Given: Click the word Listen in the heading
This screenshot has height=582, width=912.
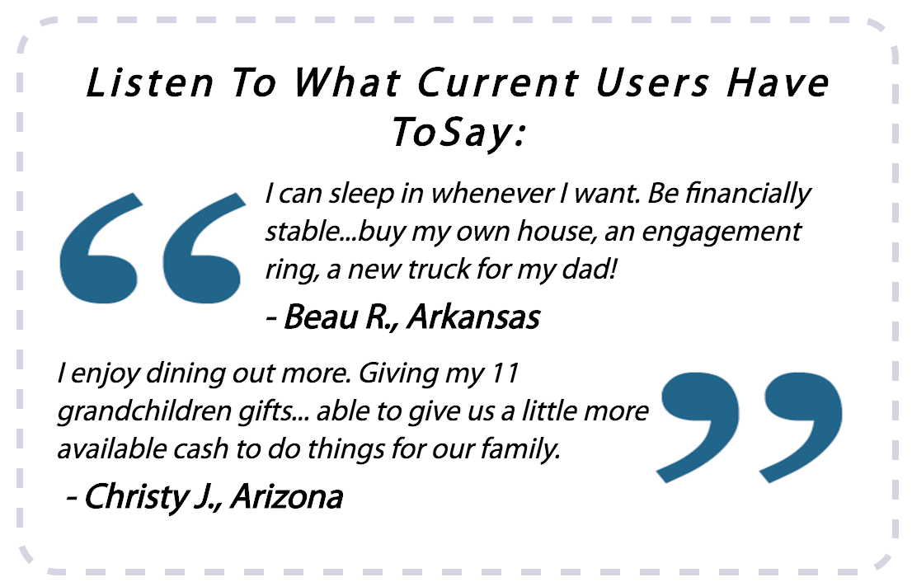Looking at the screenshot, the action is (150, 82).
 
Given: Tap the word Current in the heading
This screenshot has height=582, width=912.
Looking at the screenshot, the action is (498, 82).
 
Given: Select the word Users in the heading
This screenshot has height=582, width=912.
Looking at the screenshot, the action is (652, 82).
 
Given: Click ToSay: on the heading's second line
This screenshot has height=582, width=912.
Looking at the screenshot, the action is (458, 133).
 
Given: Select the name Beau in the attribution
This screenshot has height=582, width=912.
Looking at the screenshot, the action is (321, 317).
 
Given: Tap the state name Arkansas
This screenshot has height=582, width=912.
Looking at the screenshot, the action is (473, 317).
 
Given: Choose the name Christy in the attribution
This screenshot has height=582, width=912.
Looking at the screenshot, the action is (138, 498).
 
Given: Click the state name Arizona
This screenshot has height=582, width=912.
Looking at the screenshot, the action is (287, 498).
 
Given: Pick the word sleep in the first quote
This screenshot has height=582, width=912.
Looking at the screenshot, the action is (361, 195).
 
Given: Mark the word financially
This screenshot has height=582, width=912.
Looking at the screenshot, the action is (748, 195).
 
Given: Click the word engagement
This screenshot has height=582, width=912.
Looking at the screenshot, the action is (722, 232).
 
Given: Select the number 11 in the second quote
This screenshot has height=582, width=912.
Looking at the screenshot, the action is (505, 373).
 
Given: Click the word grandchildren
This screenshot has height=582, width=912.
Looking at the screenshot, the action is (144, 411).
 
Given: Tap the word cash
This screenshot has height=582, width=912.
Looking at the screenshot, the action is (201, 449).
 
